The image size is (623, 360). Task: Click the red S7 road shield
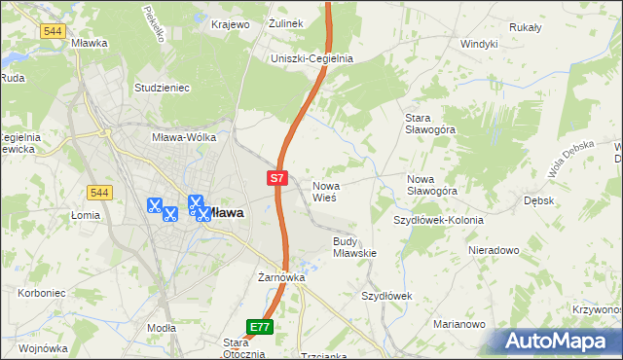(x=277, y=178)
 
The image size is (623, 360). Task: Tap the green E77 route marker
(x=260, y=327)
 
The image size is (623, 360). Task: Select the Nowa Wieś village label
(x=324, y=191)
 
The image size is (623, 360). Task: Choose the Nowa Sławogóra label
(x=432, y=185)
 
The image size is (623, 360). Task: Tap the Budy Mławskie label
(x=354, y=246)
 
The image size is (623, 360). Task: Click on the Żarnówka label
(x=281, y=277)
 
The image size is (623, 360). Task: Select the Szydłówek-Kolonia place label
(x=438, y=220)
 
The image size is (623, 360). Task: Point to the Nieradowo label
(x=493, y=250)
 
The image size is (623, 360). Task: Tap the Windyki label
(x=479, y=44)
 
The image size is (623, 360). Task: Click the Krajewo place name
(x=228, y=23)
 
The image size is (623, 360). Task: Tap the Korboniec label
(x=40, y=292)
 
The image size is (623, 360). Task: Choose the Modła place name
(x=161, y=329)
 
